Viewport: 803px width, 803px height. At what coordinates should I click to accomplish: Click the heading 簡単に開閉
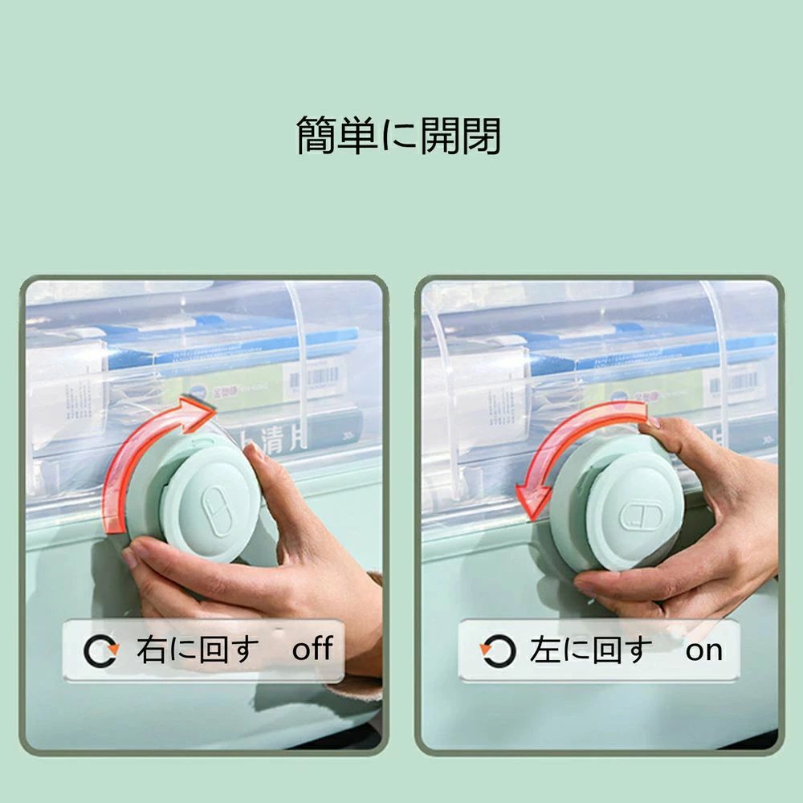tap(399, 135)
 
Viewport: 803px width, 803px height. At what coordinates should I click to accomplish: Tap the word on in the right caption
tap(704, 651)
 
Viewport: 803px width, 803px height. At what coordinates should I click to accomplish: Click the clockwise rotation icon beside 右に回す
tap(101, 651)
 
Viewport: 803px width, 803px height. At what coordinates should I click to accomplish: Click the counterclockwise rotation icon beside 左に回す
tap(497, 651)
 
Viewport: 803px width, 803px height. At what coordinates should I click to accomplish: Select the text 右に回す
tap(198, 650)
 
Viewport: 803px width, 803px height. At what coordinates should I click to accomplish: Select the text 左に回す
tap(591, 650)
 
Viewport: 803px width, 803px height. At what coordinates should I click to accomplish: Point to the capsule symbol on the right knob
tap(641, 515)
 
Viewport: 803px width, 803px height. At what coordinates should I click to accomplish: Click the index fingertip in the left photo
tap(252, 451)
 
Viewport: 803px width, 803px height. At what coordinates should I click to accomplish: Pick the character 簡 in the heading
tap(316, 135)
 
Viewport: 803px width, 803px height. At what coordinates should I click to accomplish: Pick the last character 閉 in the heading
tap(481, 136)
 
